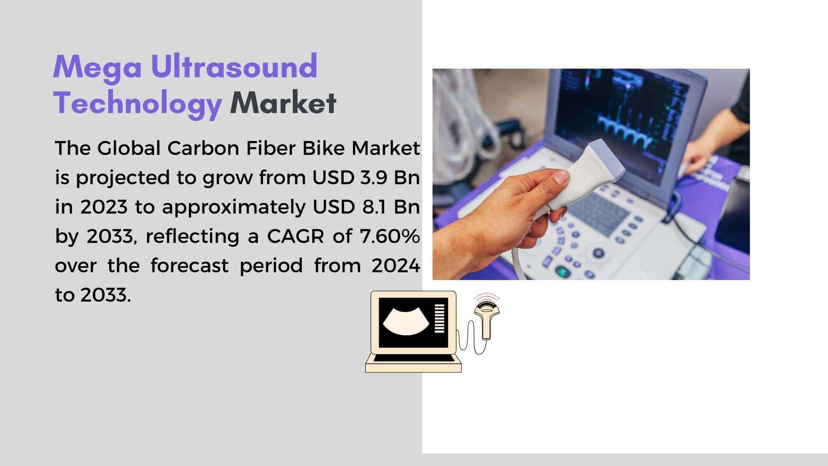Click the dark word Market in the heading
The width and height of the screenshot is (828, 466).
tap(283, 103)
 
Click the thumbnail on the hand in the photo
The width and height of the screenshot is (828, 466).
tap(561, 177)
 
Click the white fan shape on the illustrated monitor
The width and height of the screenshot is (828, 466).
tap(407, 321)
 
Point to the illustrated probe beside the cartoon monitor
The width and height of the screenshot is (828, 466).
tap(487, 319)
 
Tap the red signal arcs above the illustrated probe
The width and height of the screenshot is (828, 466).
tap(487, 297)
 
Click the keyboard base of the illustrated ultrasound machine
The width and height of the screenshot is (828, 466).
tap(414, 364)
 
